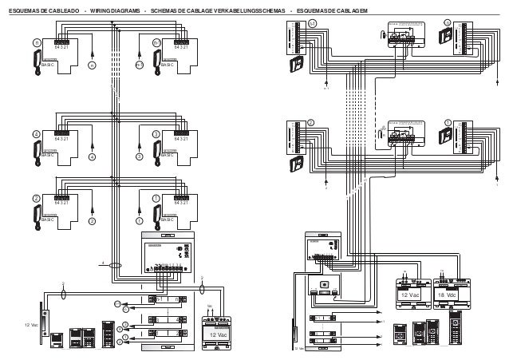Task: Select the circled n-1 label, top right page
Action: point(312,23)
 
